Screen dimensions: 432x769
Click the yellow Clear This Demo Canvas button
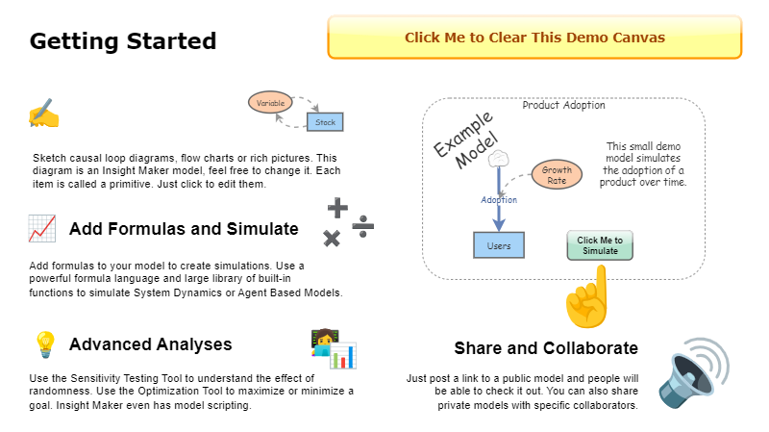point(534,38)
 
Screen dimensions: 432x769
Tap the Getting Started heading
point(123,41)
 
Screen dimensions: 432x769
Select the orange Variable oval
point(270,102)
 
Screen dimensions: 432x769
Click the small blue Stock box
point(325,122)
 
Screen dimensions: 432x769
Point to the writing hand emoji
point(43,114)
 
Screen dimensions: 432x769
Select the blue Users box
point(499,245)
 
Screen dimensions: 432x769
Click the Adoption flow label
point(499,200)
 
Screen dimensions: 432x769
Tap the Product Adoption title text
point(564,105)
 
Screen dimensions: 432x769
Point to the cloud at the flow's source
point(498,158)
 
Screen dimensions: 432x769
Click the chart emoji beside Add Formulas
point(41,229)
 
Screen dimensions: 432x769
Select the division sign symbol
point(363,226)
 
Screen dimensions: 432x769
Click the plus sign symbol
point(337,207)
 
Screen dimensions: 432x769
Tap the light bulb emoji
point(44,343)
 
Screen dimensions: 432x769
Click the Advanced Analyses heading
point(151,344)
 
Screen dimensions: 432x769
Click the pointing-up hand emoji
point(588,294)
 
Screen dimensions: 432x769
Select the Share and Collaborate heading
point(546,347)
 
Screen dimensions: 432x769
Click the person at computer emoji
point(333,348)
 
